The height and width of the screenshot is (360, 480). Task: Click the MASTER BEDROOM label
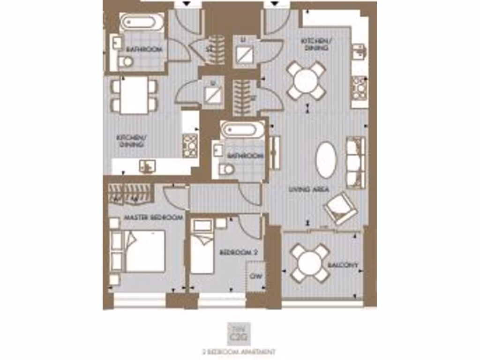(153, 218)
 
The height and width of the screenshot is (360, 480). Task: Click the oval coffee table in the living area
(326, 160)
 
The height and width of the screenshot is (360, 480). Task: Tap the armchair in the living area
(341, 208)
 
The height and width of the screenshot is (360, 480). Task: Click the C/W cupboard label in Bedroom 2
(256, 276)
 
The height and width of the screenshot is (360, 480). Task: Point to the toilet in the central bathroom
(227, 169)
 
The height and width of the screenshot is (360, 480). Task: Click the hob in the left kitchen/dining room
(190, 145)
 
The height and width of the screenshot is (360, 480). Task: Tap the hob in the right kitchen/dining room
(360, 88)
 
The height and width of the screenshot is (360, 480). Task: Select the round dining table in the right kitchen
(306, 80)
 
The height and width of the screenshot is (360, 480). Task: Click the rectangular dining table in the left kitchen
(134, 95)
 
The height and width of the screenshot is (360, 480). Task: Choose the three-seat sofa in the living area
(355, 162)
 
